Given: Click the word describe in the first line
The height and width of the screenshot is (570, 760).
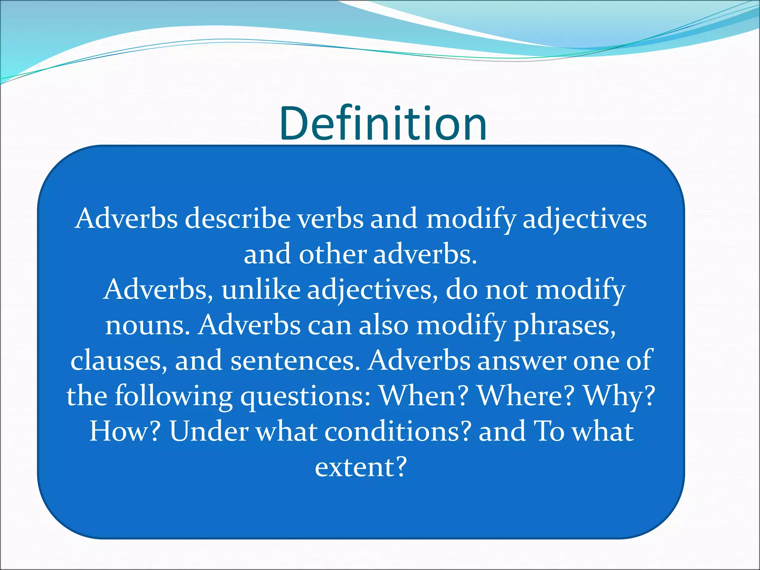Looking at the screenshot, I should point(237,219).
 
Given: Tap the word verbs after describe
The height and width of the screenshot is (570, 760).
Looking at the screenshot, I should point(331,219).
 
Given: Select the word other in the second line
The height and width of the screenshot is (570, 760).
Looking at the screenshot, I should point(332,255).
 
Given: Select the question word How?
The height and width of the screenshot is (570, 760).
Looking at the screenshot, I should point(125,431).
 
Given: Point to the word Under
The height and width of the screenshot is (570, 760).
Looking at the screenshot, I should point(209,431).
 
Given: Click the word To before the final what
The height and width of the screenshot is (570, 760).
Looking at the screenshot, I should point(548,431).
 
